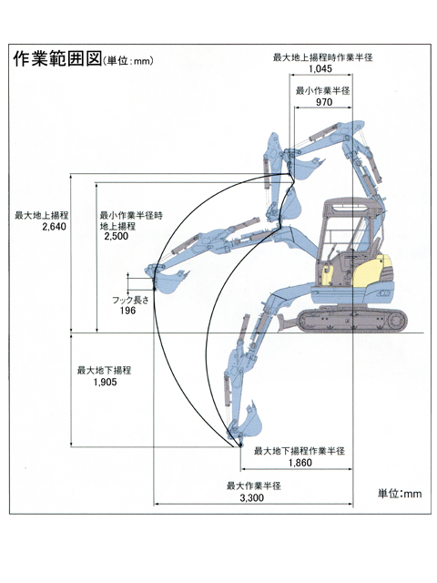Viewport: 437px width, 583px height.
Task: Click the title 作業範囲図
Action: pyautogui.click(x=57, y=58)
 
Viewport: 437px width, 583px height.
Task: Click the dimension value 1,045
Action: pyautogui.click(x=320, y=68)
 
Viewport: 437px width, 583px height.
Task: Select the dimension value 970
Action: pyautogui.click(x=324, y=102)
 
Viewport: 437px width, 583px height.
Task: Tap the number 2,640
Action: pyautogui.click(x=55, y=227)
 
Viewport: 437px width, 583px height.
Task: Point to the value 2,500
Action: pyautogui.click(x=116, y=236)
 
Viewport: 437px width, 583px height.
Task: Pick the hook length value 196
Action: pyautogui.click(x=127, y=310)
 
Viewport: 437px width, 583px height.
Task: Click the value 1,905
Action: pyautogui.click(x=106, y=382)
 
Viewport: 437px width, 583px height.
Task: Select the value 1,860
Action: pyautogui.click(x=300, y=463)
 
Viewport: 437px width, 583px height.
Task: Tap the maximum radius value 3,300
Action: pyautogui.click(x=251, y=498)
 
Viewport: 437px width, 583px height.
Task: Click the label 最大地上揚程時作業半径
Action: pyautogui.click(x=323, y=57)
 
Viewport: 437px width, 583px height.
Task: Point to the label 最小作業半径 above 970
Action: pyautogui.click(x=323, y=91)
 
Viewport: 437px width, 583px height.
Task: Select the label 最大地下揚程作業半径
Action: pyautogui.click(x=300, y=451)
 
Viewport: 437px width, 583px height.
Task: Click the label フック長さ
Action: pyautogui.click(x=130, y=300)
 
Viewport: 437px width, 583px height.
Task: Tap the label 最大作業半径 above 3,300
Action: pyautogui.click(x=254, y=486)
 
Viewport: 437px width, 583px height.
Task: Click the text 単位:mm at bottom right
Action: pyautogui.click(x=400, y=494)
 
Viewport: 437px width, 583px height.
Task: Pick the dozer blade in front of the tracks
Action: pyautogui.click(x=287, y=323)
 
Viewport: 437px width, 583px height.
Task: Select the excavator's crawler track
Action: pyautogui.click(x=352, y=320)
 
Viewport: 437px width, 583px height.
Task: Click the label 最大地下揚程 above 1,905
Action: pyautogui.click(x=104, y=371)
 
